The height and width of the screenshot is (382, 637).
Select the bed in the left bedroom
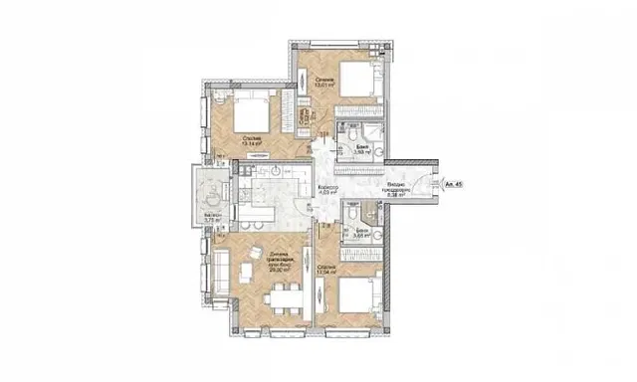[x=244, y=111]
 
